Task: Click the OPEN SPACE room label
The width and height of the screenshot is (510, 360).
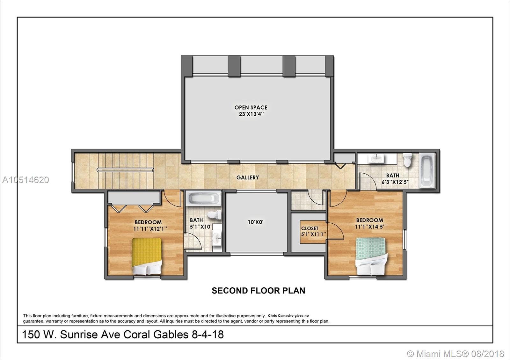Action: point(251,107)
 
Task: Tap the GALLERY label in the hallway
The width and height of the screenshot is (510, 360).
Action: point(247,177)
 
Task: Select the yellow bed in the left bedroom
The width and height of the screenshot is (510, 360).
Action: point(147,256)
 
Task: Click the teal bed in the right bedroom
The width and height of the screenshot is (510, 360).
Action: point(371,256)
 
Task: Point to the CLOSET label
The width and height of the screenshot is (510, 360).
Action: point(310,228)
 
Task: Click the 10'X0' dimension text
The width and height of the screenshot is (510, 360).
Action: point(255,222)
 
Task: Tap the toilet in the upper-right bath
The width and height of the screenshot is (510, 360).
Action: point(407,160)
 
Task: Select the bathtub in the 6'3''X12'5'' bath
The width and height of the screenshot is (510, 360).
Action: point(427,170)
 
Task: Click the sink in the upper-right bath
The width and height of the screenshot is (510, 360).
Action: point(376,158)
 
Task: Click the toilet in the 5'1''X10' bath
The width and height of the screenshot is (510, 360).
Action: point(214,215)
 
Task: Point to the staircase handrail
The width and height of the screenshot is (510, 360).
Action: point(125,170)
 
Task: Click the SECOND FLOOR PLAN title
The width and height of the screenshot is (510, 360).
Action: point(259,291)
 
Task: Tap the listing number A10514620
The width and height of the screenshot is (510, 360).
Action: point(25,180)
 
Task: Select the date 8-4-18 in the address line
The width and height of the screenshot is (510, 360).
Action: point(208,335)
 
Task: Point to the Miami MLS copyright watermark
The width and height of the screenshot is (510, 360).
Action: point(456,354)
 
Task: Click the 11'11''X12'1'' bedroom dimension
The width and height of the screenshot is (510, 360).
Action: point(150,228)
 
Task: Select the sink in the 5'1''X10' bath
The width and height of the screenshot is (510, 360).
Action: point(217,238)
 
